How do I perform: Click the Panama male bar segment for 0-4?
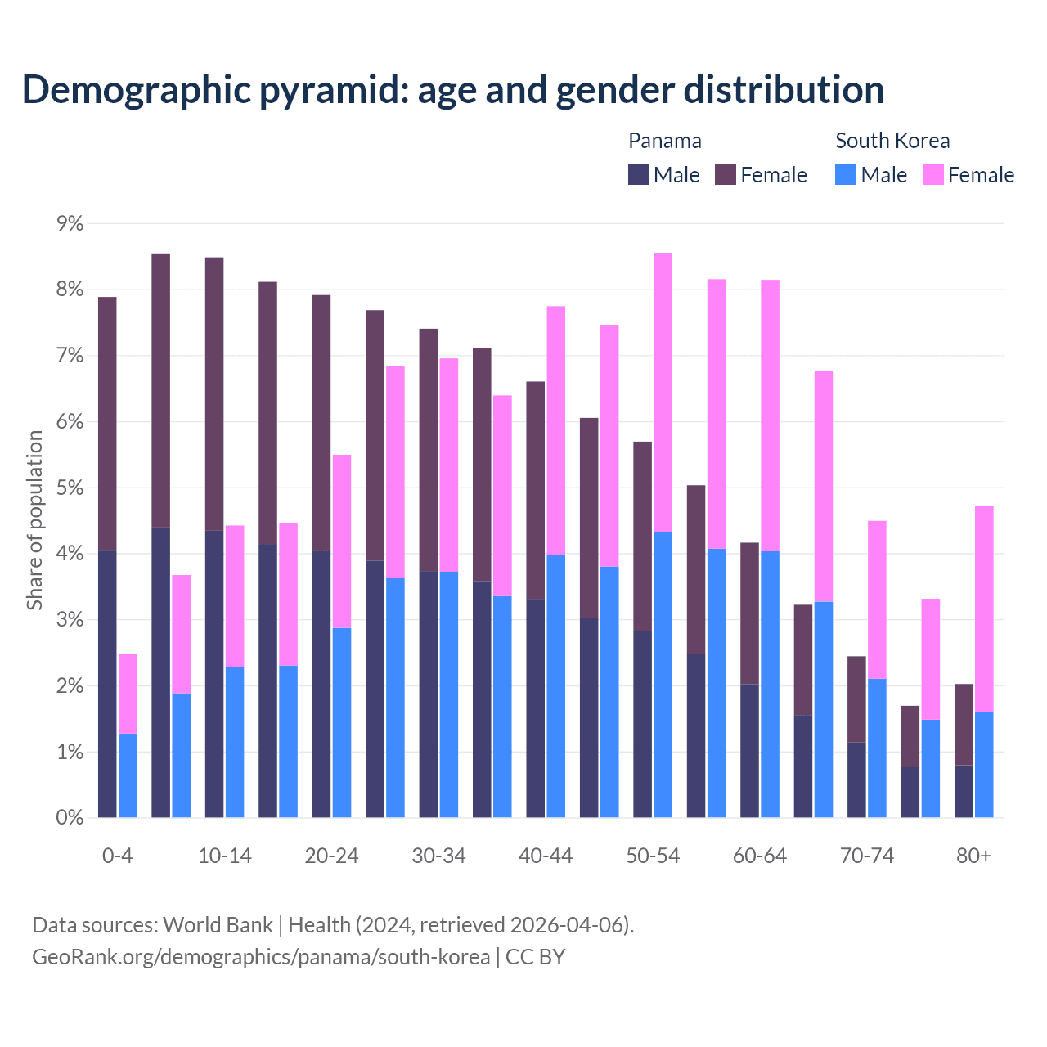point(107,684)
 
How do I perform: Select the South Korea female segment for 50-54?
point(663,393)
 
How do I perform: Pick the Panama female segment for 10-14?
point(214,394)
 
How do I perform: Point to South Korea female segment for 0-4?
point(128,694)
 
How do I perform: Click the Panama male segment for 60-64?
point(749,750)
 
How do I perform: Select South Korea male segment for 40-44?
point(556,685)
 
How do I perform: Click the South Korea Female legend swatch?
point(932,174)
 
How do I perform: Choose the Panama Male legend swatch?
point(639,174)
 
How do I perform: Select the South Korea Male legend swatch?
point(846,174)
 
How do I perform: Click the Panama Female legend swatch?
point(726,174)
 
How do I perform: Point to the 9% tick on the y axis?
point(70,223)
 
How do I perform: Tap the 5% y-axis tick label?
point(70,488)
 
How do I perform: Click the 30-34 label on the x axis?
point(438,856)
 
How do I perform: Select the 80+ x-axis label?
point(973,856)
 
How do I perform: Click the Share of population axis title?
point(34,520)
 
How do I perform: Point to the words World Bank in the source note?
point(218,924)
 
